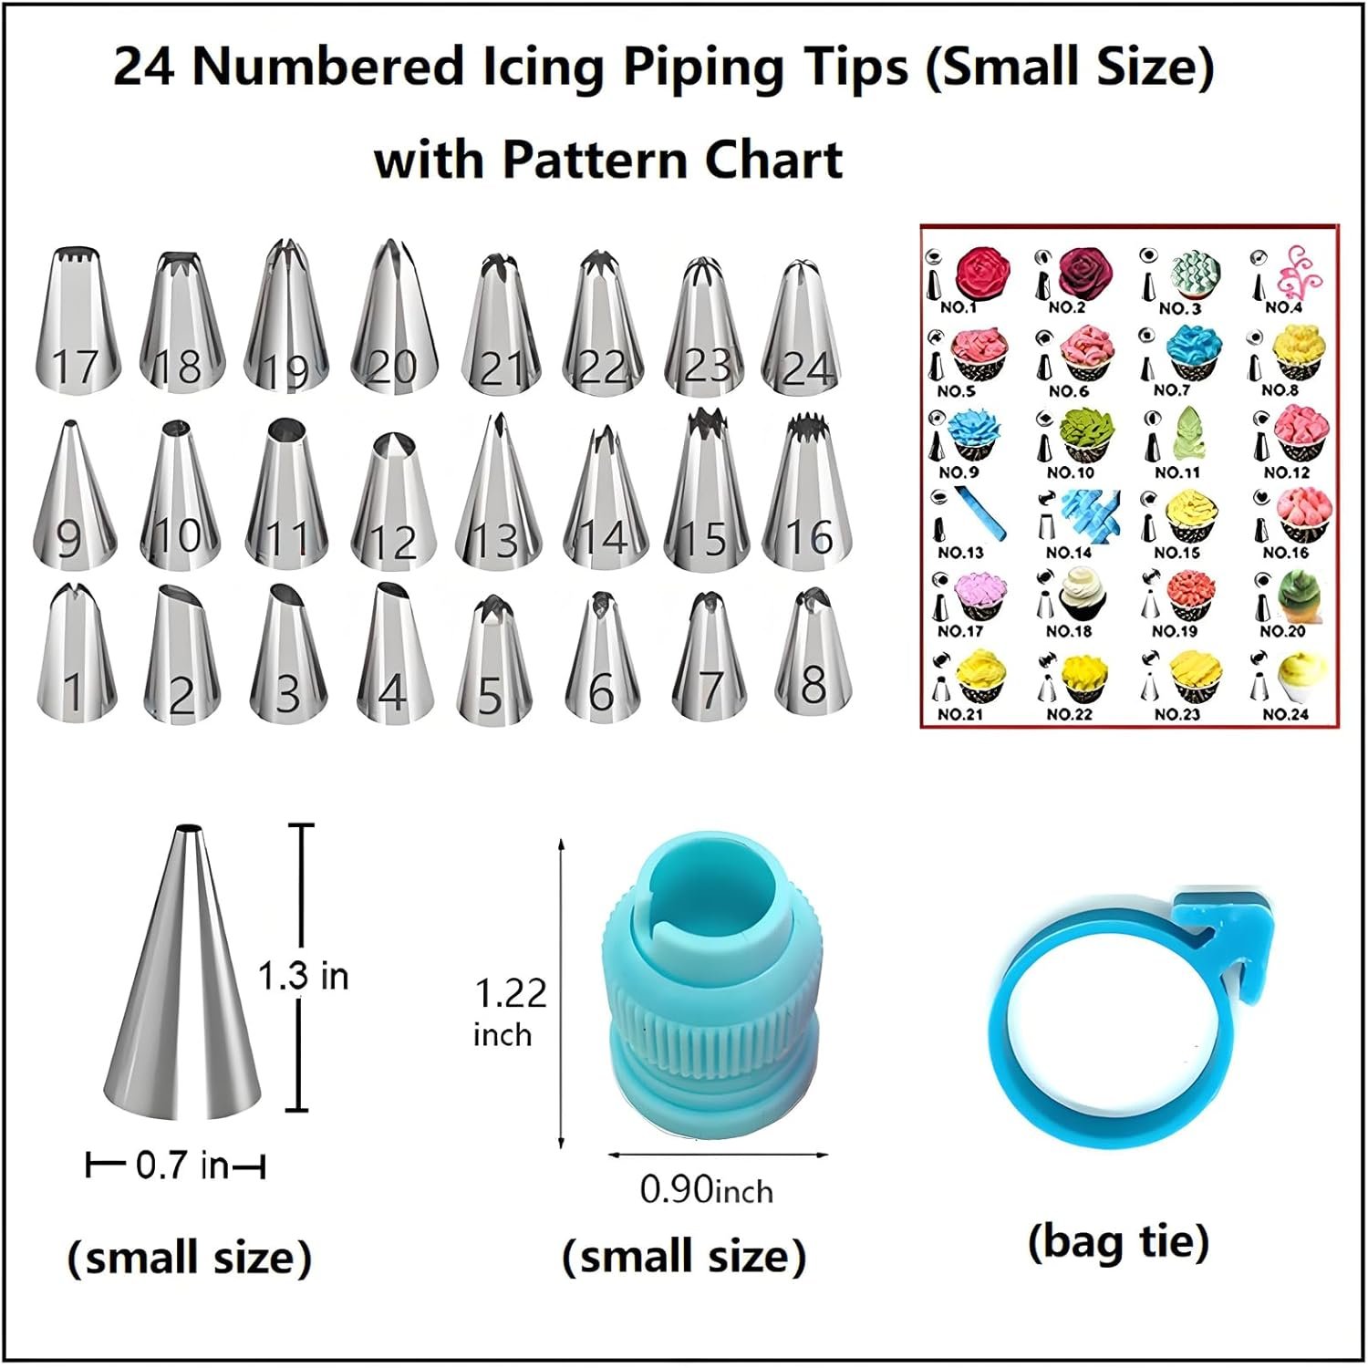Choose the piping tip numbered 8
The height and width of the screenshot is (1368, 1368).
tap(813, 651)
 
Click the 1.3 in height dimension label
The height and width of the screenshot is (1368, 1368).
tap(303, 977)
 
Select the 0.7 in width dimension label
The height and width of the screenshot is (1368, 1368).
tap(181, 1166)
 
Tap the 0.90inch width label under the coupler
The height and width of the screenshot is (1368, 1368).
tap(706, 1190)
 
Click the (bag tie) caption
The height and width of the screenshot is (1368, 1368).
tap(1118, 1242)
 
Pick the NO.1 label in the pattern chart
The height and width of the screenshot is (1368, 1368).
tap(958, 308)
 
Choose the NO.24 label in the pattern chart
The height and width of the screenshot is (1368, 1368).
tap(1286, 714)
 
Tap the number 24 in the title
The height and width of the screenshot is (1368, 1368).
tap(144, 67)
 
